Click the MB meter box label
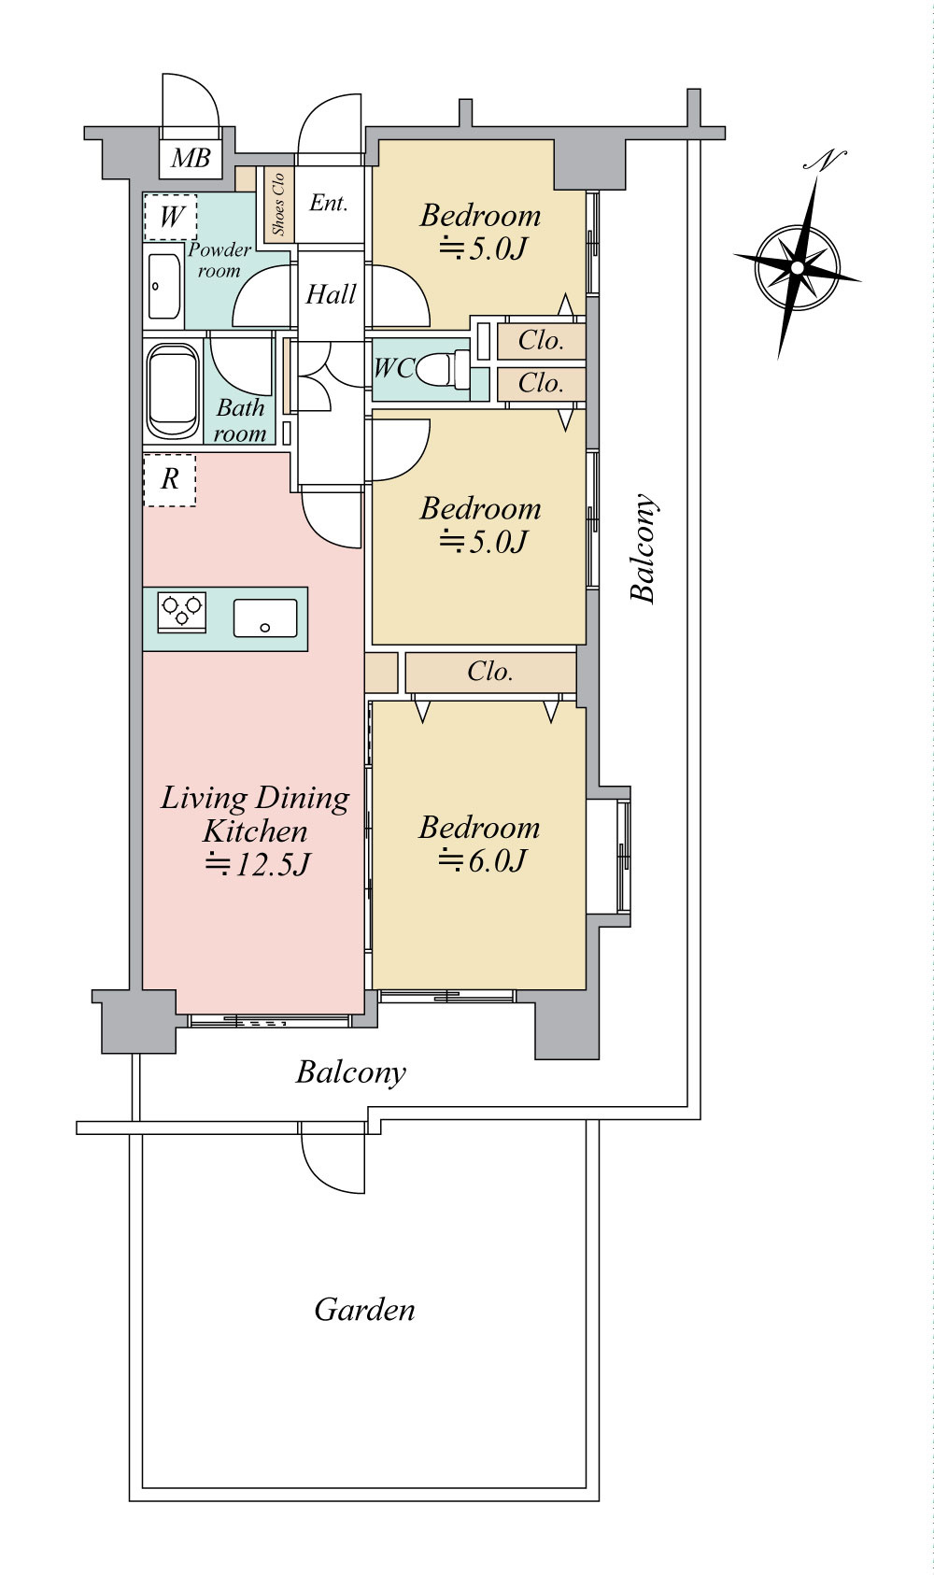[x=191, y=158]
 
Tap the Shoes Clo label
[x=278, y=204]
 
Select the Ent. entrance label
[x=328, y=204]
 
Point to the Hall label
[x=331, y=294]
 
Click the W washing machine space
[x=171, y=217]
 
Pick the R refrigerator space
[x=170, y=480]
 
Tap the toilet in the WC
[x=443, y=369]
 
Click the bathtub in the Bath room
[x=173, y=391]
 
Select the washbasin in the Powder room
[x=163, y=286]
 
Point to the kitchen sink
[x=265, y=618]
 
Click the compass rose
[x=797, y=267]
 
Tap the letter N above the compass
[x=825, y=161]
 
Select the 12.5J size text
[x=257, y=864]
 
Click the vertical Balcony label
[x=643, y=548]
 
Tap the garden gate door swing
[x=333, y=1158]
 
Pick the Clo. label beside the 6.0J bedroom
[x=489, y=672]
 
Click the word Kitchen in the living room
[x=255, y=831]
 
